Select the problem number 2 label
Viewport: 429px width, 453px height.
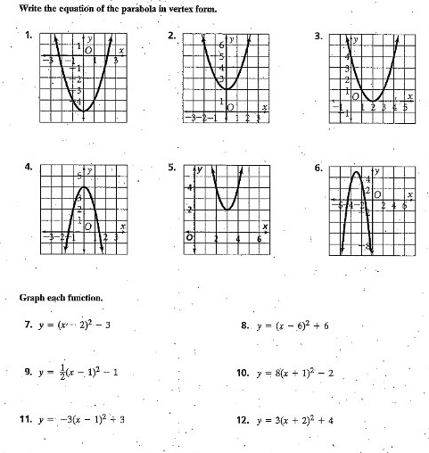pyautogui.click(x=172, y=36)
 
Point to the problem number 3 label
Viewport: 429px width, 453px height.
pyautogui.click(x=318, y=36)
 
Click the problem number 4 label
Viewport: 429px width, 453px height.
pyautogui.click(x=29, y=166)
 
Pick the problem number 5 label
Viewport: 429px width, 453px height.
pyautogui.click(x=172, y=167)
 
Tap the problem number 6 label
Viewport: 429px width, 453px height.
pyautogui.click(x=318, y=167)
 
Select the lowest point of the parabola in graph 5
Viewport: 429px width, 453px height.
pyautogui.click(x=227, y=210)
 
